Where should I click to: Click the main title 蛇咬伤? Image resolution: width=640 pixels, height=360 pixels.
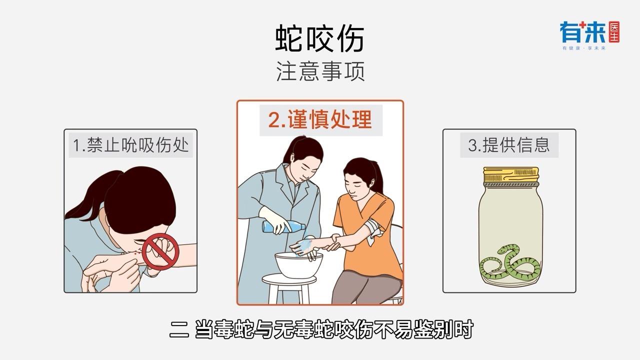320,39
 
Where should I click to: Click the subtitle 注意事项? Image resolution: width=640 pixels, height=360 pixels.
320,71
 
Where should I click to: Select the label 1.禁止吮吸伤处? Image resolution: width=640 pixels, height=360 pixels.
131,145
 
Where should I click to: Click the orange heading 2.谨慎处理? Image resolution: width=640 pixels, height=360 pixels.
320,120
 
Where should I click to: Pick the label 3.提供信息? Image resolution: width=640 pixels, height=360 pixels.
509,144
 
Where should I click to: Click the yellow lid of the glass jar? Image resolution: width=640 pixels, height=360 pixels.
509,176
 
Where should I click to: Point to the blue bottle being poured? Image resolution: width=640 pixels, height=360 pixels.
283,227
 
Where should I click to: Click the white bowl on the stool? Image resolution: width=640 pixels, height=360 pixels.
298,264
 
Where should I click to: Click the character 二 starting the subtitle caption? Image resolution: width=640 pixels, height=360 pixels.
179,330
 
